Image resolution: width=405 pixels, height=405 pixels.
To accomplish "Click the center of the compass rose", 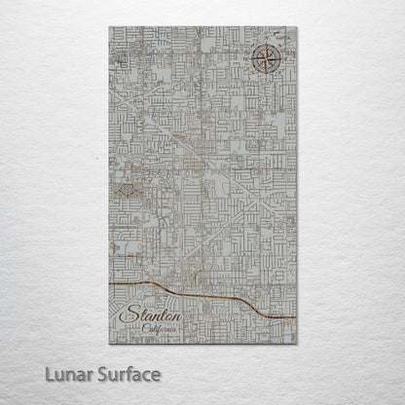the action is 265,60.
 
